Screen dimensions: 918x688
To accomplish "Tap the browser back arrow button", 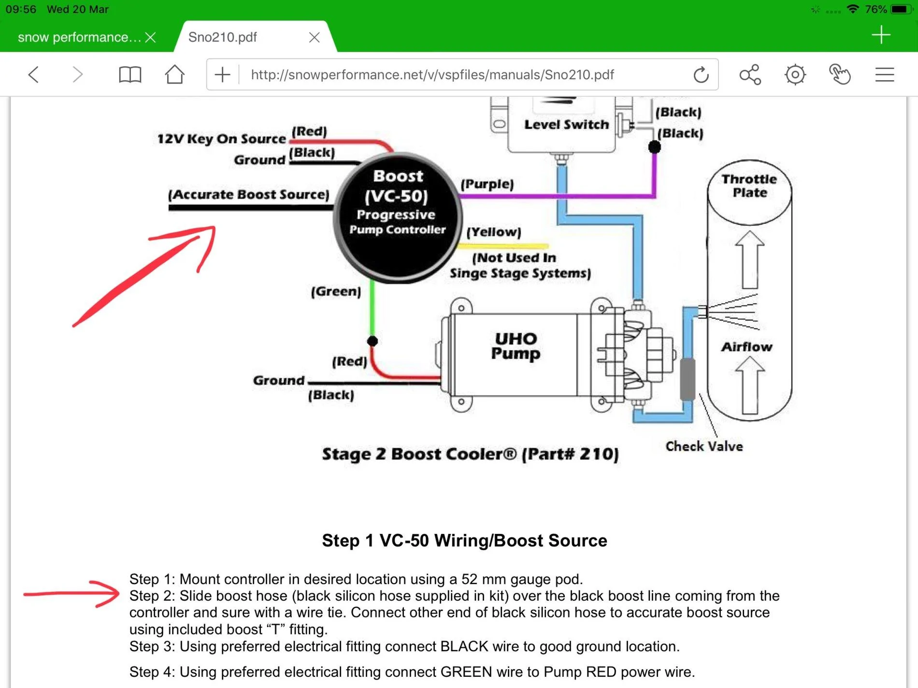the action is (33, 75).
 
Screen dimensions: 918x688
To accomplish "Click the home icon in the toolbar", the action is (174, 75).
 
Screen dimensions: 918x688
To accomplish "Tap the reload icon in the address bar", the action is (701, 75).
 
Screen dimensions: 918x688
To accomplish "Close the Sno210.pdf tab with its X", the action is (315, 37).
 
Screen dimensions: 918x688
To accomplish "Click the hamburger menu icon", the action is (885, 75).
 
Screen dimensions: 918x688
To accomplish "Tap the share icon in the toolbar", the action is (750, 75).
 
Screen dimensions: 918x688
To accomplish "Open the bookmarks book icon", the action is (130, 75).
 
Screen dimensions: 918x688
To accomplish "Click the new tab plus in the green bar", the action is (881, 35).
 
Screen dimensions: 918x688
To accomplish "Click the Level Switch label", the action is (566, 125).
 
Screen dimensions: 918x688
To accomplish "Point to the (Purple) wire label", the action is (487, 184).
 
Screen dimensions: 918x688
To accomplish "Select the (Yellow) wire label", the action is (494, 232).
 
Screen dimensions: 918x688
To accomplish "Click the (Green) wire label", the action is (336, 291).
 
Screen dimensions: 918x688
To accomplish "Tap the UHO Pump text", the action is (516, 346).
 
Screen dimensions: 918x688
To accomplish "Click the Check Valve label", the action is (704, 446).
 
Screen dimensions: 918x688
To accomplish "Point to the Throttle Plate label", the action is (749, 186).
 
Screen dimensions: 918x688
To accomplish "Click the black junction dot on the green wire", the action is (373, 341).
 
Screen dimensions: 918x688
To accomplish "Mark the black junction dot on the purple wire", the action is (654, 147).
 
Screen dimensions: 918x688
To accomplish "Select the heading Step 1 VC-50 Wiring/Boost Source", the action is (464, 541).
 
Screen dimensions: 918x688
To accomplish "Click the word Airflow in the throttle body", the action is (746, 347).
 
